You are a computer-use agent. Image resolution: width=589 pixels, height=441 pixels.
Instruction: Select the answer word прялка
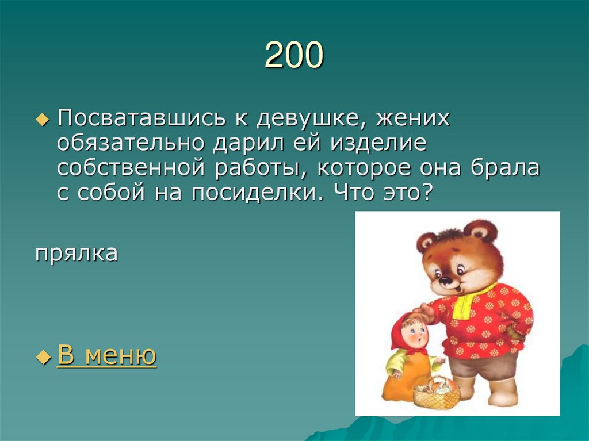[77, 253]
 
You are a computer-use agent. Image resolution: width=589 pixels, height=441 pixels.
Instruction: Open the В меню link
[107, 356]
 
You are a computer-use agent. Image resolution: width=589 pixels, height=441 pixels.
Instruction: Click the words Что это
[380, 193]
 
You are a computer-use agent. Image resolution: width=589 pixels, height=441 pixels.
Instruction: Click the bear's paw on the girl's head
[424, 312]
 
